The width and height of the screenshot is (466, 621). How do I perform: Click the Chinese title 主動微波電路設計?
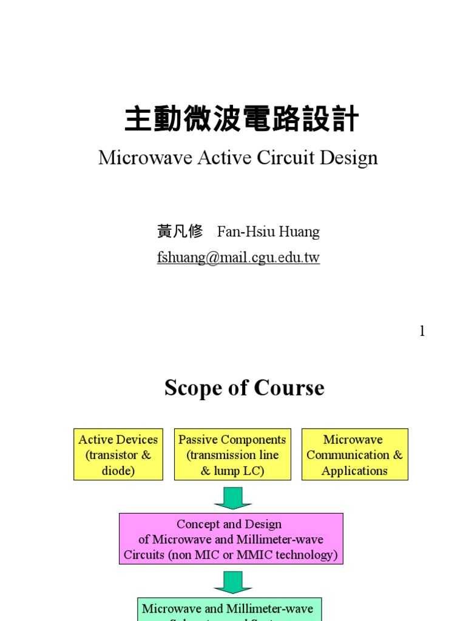241,119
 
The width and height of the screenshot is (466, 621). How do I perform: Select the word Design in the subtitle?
349,158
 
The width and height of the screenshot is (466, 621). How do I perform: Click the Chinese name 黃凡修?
180,232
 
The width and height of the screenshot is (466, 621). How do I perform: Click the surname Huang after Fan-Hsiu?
298,232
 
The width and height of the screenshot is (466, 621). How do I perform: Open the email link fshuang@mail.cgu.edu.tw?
238,258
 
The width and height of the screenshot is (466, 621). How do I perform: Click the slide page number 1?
422,331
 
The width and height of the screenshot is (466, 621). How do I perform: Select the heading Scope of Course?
245,388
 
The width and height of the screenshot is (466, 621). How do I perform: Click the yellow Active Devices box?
118,455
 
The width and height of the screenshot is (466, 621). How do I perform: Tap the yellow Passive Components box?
232,455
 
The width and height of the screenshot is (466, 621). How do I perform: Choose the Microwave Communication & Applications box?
354,455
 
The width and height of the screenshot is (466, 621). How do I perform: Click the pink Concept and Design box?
231,539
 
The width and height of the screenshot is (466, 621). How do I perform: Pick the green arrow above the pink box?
232,497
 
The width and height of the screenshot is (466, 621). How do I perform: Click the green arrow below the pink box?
232,582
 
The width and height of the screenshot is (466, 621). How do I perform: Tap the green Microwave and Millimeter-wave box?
228,609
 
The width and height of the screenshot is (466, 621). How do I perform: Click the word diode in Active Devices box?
118,471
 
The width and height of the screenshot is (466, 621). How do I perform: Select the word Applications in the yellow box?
354,471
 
